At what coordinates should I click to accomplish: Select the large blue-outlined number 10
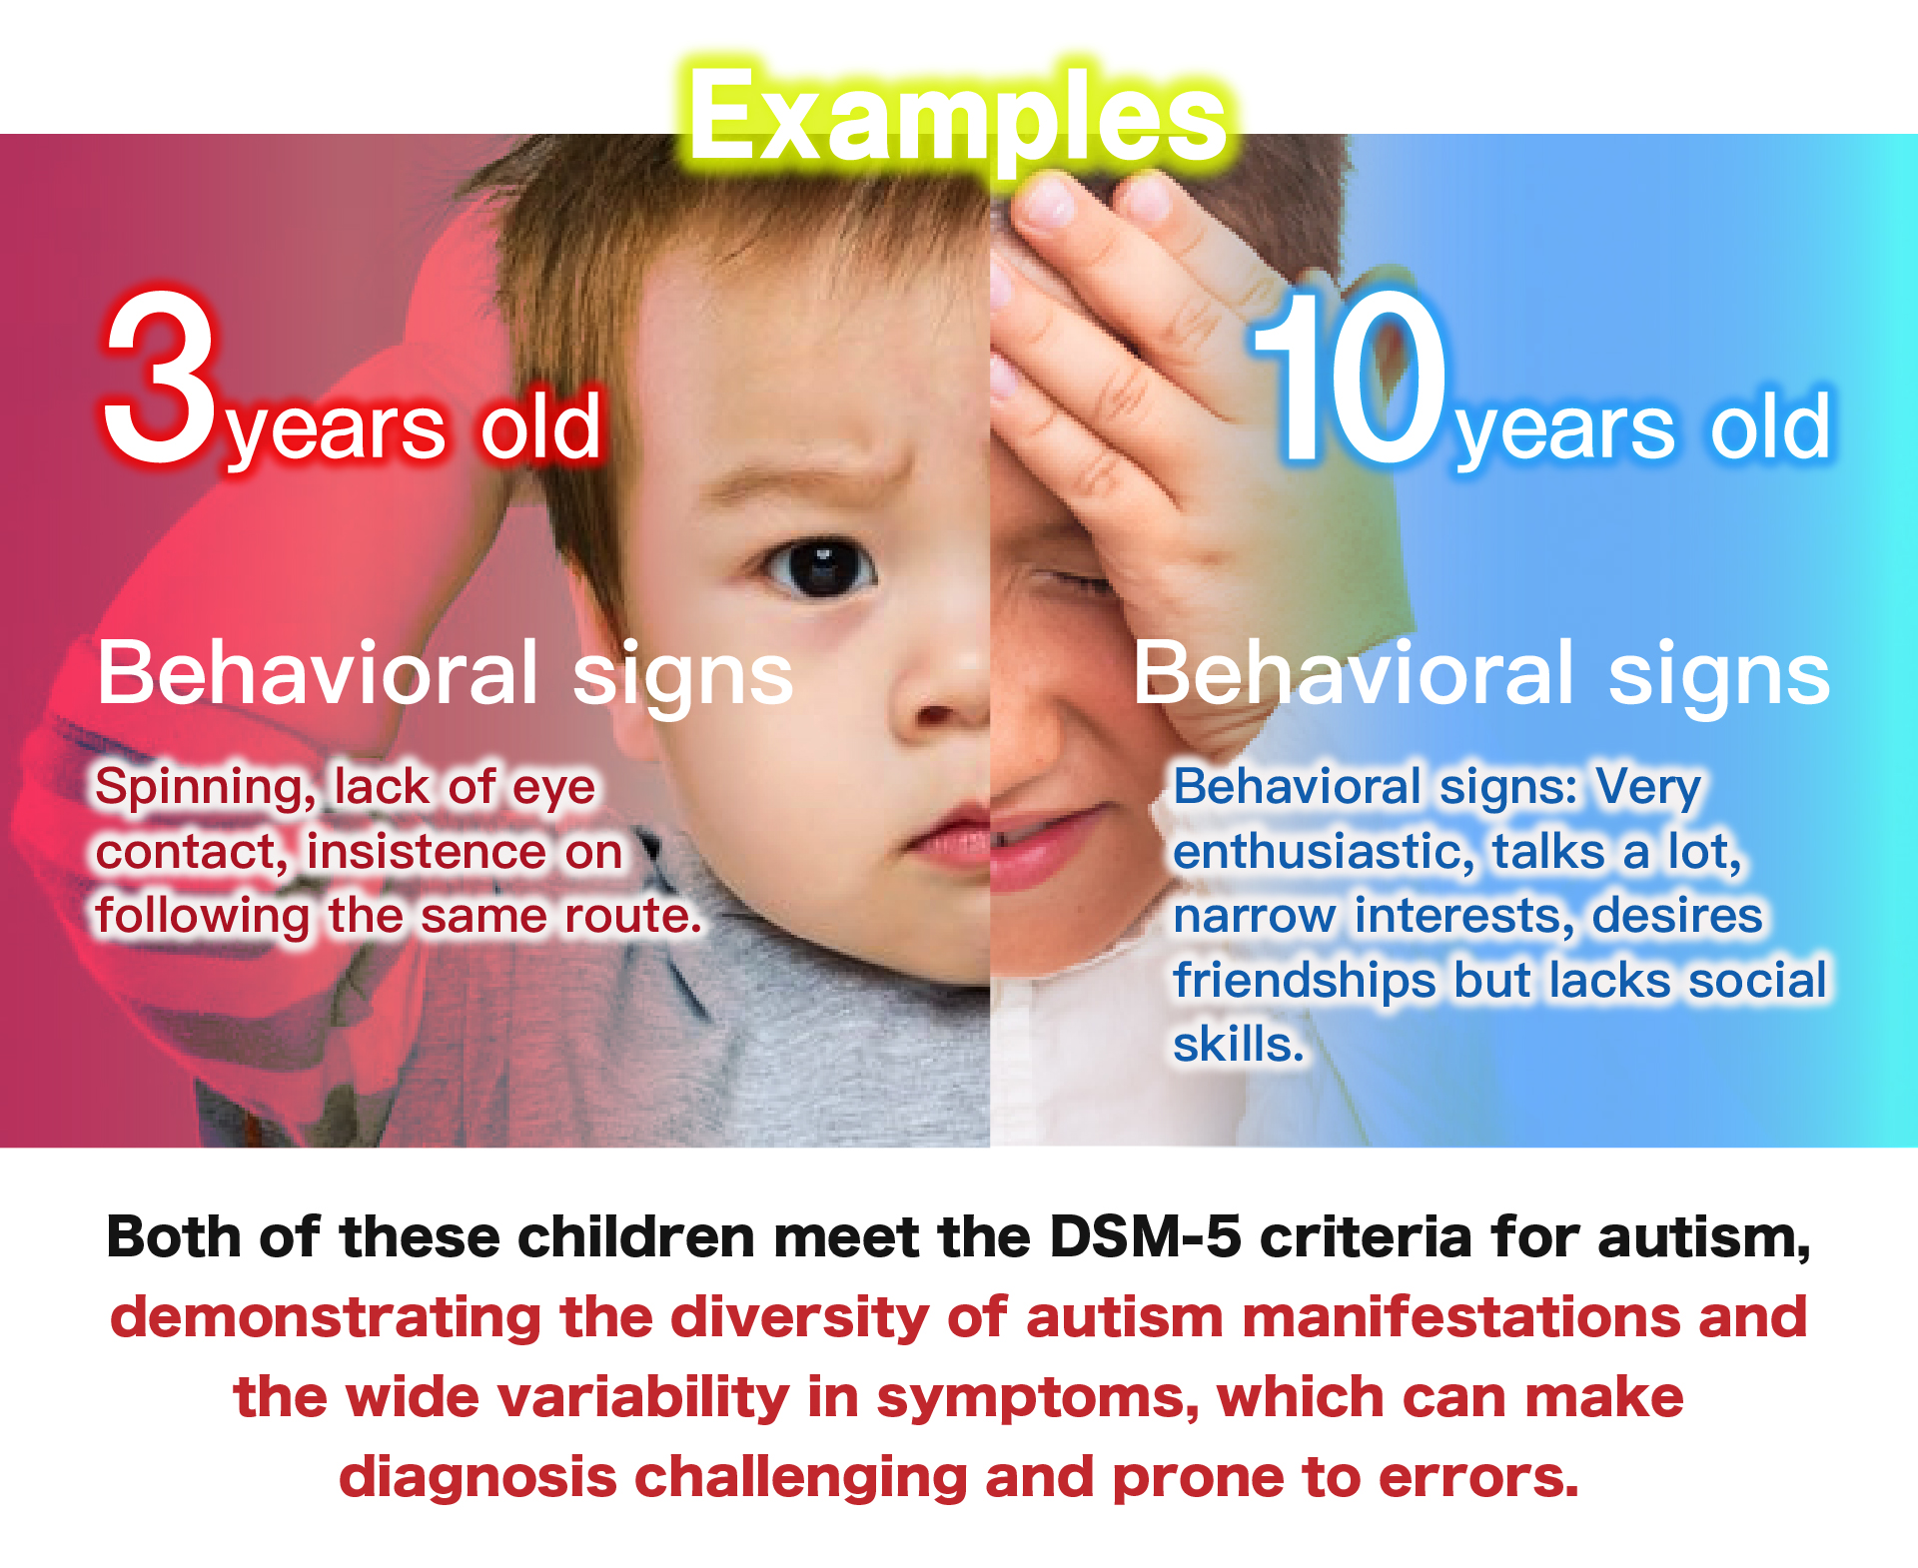[x=1351, y=377]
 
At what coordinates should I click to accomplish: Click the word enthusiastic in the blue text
[x=1323, y=852]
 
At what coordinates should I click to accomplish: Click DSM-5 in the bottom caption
[x=1146, y=1237]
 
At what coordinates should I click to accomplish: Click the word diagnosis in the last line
[x=478, y=1478]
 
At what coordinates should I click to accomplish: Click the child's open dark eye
[x=819, y=567]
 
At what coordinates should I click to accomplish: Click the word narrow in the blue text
[x=1254, y=917]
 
